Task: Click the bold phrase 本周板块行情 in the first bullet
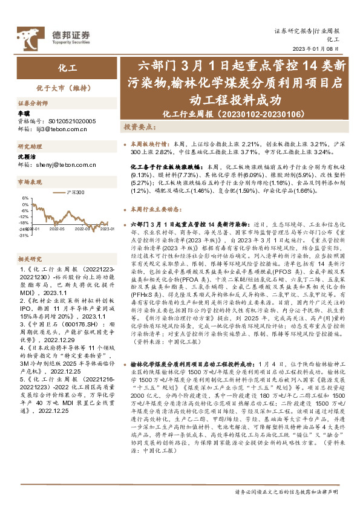[x=149, y=145]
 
